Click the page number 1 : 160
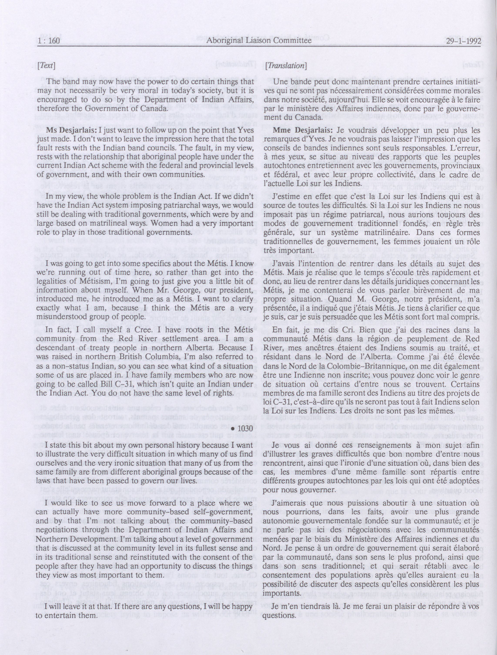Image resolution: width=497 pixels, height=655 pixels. point(49,41)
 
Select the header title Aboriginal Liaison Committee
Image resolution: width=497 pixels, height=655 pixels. point(259,41)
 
